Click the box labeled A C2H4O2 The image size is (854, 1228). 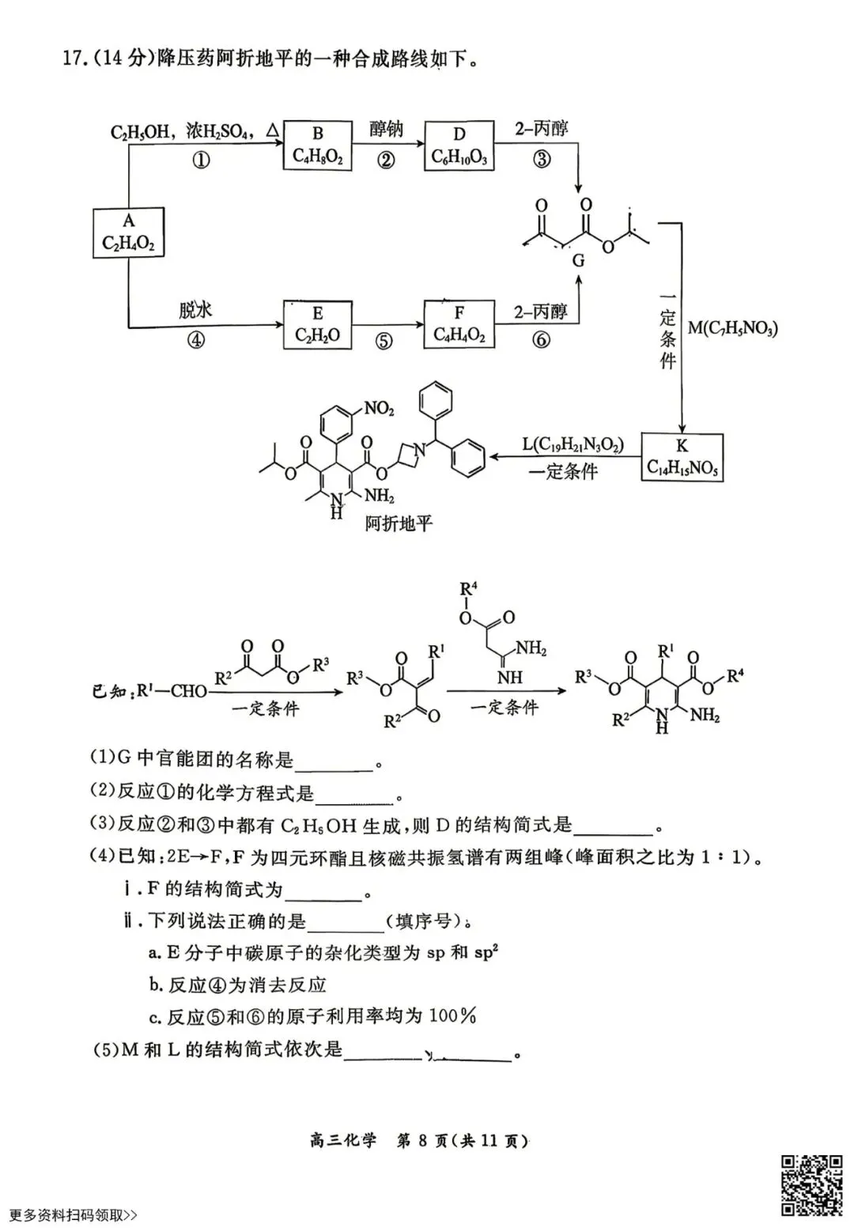point(128,232)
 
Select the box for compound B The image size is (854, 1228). point(317,145)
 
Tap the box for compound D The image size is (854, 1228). point(459,145)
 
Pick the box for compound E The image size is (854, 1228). point(317,324)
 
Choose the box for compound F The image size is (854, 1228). point(459,324)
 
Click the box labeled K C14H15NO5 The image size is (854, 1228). point(682,457)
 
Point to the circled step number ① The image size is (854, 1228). point(201,161)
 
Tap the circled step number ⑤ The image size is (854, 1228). point(384,341)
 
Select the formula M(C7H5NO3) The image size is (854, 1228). point(732,327)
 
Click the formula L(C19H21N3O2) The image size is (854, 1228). point(572,445)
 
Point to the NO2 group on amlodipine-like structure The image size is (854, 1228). point(379,408)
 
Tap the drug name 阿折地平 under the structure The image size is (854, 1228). point(399,523)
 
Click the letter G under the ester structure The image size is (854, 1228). point(578,260)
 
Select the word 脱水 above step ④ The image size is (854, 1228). point(195,309)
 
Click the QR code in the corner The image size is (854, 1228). point(812,1185)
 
